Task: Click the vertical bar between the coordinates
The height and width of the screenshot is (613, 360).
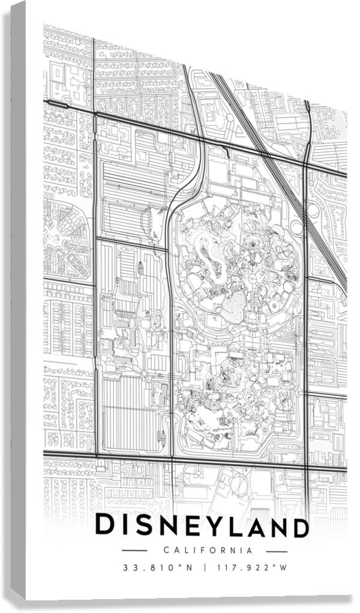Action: (x=204, y=567)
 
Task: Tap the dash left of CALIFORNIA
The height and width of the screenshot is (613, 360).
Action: (x=134, y=550)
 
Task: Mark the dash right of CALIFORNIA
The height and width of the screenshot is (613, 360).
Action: (x=277, y=550)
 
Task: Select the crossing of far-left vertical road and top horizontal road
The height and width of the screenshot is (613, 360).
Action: (x=94, y=113)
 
